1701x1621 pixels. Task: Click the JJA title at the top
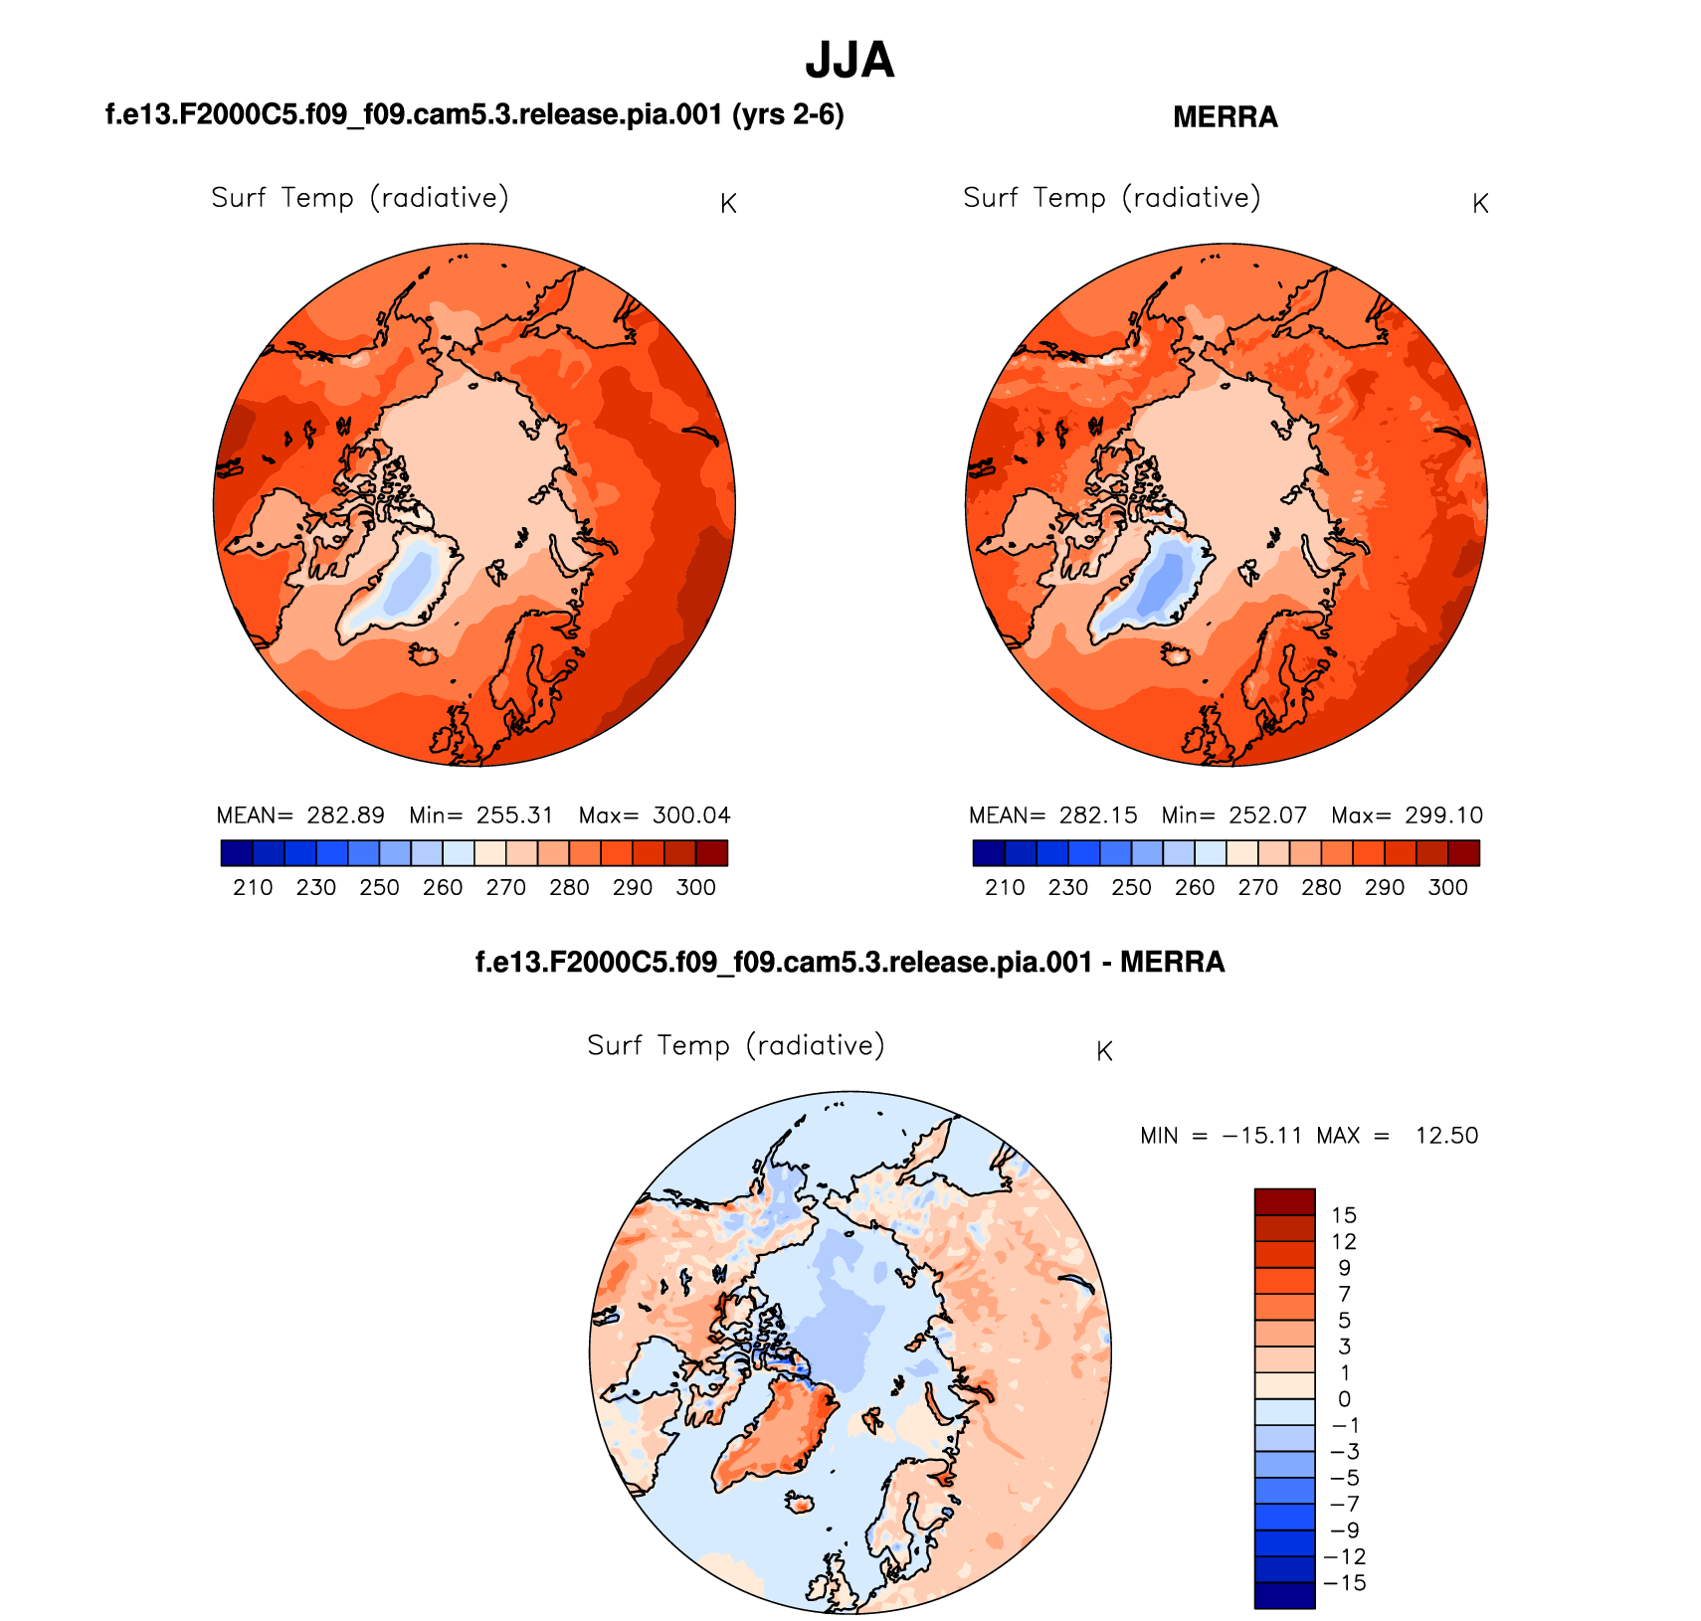point(850,61)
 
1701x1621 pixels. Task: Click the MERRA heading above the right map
point(1225,117)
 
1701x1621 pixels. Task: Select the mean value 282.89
point(345,815)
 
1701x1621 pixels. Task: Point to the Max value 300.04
point(691,815)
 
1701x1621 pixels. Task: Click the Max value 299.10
point(1443,815)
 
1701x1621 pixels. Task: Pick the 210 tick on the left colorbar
point(253,887)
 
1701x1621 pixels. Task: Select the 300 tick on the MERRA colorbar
point(1447,887)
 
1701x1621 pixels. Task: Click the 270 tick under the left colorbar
point(505,887)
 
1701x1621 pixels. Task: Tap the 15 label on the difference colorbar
point(1344,1215)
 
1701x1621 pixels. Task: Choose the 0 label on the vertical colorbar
point(1344,1399)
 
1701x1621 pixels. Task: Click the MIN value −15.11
point(1262,1136)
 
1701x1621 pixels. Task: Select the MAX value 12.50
point(1446,1136)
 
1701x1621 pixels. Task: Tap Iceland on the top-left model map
point(426,653)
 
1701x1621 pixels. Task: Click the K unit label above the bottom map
point(1104,1052)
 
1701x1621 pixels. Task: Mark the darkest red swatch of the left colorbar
point(711,853)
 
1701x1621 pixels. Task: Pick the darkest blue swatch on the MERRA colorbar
point(989,853)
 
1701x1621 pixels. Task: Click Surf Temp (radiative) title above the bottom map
point(735,1046)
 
